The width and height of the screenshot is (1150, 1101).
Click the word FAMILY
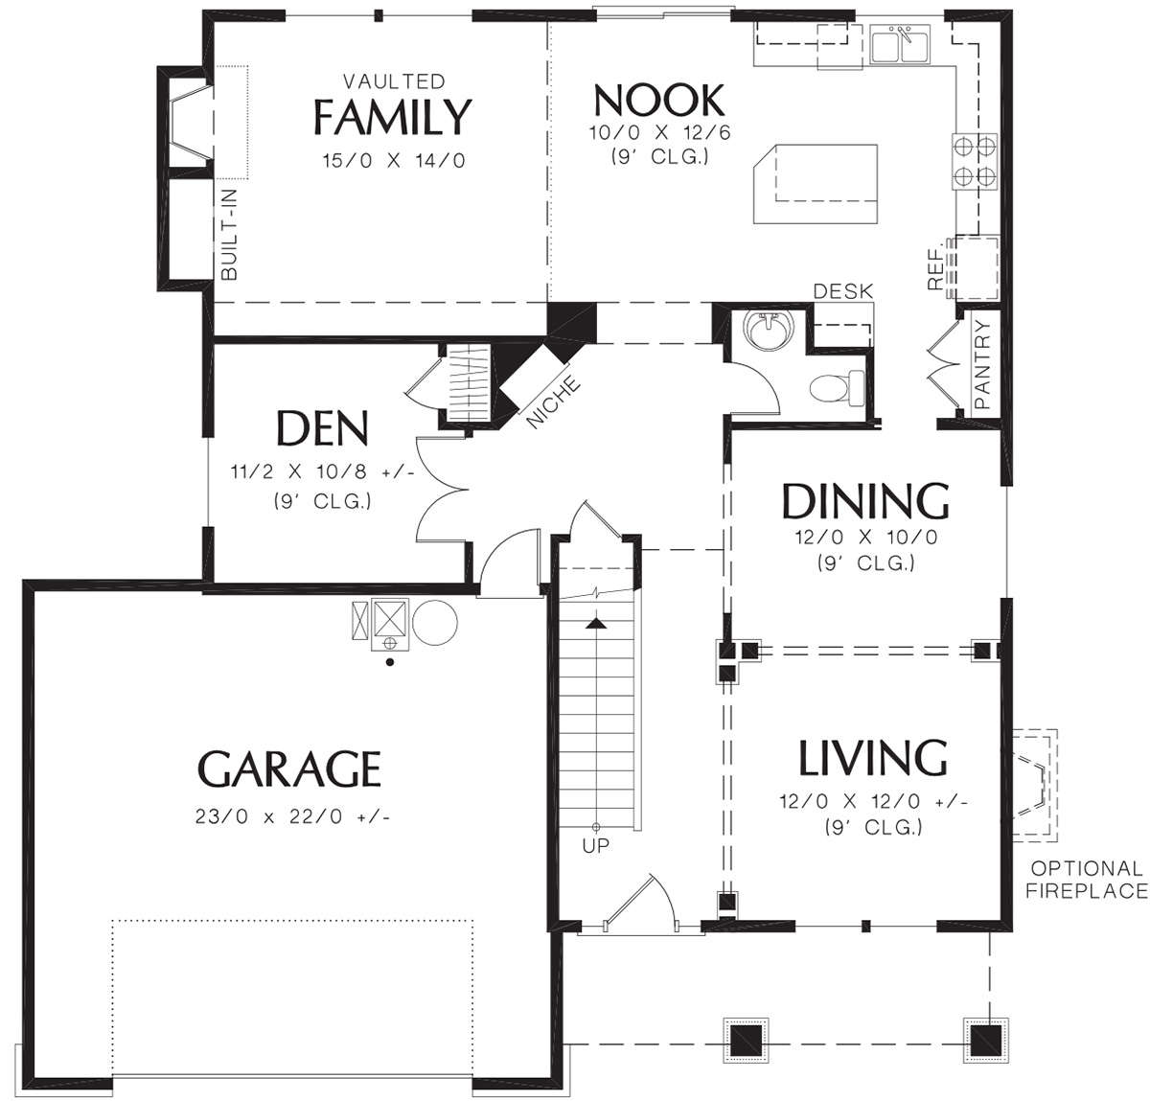point(392,116)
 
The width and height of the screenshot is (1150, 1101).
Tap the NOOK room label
point(659,100)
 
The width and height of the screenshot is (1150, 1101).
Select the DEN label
point(323,427)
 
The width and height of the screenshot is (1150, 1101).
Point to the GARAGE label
point(289,768)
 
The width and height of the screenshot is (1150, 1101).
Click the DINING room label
point(865,500)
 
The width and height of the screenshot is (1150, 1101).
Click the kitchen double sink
point(899,44)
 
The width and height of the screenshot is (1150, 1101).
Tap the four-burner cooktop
point(974,161)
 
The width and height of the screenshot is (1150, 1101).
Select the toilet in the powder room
point(837,388)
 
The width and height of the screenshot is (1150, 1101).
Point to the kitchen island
point(815,184)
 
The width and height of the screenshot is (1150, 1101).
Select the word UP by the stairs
point(595,846)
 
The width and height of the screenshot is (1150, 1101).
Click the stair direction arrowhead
point(596,623)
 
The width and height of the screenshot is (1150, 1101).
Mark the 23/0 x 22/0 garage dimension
point(292,816)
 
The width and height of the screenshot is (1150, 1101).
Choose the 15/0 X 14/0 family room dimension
point(394,160)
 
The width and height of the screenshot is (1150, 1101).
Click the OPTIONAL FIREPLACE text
point(1086,880)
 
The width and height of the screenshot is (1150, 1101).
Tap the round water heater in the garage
point(435,623)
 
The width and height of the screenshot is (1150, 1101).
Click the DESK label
point(842,291)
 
